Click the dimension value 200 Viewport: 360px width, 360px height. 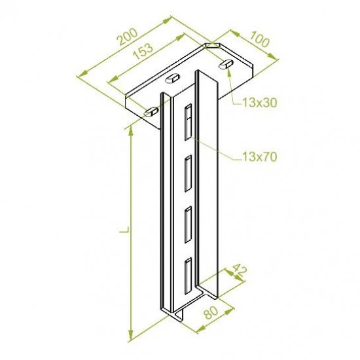pyautogui.click(x=128, y=37)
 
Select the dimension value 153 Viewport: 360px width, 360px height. pyautogui.click(x=143, y=52)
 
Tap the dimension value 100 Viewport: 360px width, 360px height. pyautogui.click(x=259, y=39)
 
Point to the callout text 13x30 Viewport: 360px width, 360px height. pyautogui.click(x=259, y=103)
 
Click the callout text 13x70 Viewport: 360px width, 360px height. pyautogui.click(x=259, y=157)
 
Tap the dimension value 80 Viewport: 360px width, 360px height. pyautogui.click(x=211, y=313)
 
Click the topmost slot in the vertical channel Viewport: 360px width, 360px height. pyautogui.click(x=188, y=122)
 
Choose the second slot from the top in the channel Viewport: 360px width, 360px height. pyautogui.click(x=189, y=173)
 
